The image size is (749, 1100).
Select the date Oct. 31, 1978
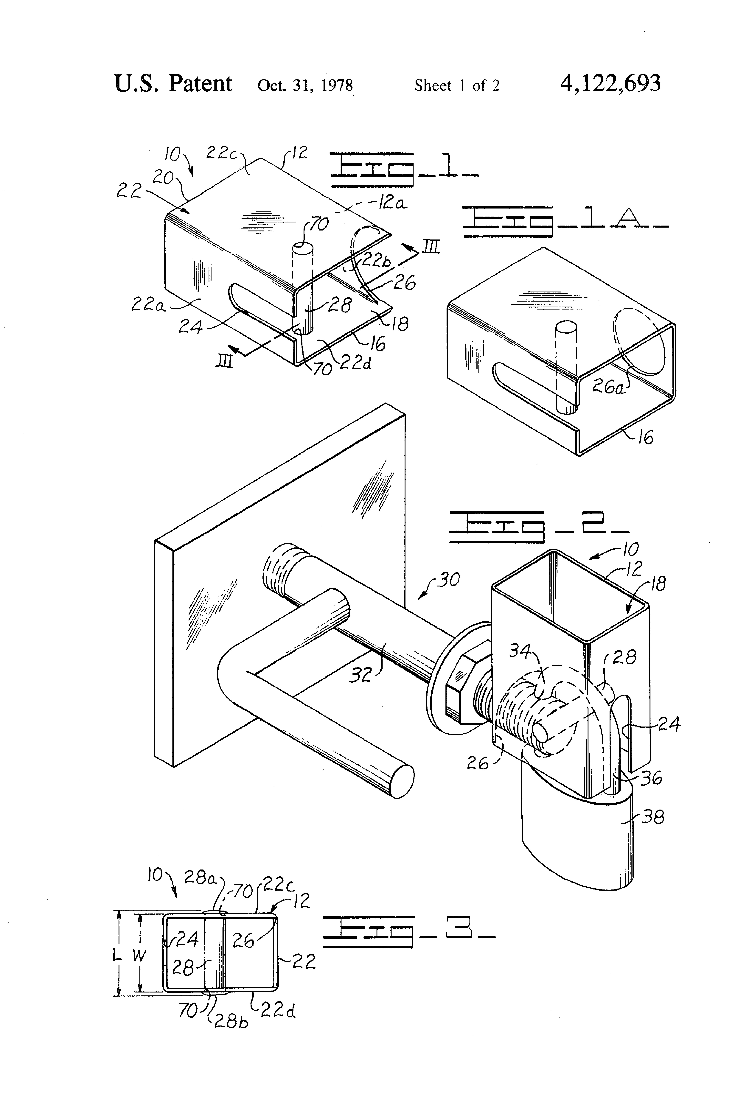tap(305, 85)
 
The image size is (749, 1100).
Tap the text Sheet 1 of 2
tap(457, 85)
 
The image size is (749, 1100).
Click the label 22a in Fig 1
tap(148, 304)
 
